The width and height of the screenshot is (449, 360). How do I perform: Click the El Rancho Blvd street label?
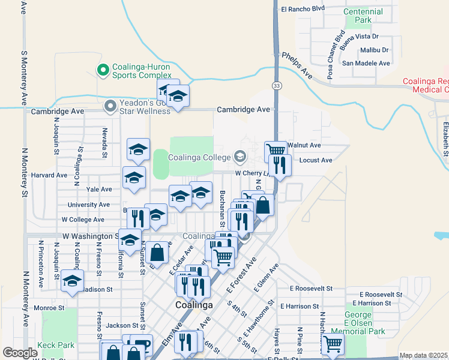(303, 8)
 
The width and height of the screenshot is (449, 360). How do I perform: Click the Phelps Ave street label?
(297, 65)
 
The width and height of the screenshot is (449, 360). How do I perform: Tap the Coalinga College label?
(200, 158)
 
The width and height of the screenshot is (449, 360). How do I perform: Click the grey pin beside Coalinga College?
(240, 157)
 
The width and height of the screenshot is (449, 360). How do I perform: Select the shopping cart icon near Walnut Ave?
(276, 150)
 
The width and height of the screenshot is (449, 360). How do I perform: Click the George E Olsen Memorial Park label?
(366, 323)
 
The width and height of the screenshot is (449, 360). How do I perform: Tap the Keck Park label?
(55, 345)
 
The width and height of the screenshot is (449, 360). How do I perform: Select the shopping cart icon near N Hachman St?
(332, 344)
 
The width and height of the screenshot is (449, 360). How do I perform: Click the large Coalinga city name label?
(194, 305)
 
